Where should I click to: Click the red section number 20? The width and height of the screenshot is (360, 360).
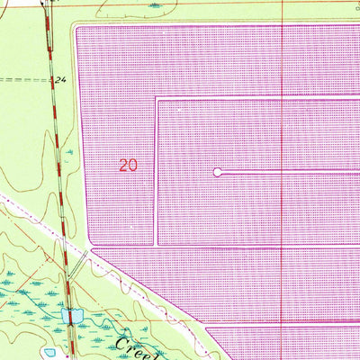click(x=129, y=165)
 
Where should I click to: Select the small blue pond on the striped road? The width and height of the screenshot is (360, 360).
click(x=72, y=315)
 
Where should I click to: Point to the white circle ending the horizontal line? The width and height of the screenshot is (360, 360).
click(x=217, y=171)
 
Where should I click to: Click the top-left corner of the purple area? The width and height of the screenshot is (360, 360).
click(x=77, y=28)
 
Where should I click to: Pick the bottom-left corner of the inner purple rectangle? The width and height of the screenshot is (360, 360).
click(x=157, y=244)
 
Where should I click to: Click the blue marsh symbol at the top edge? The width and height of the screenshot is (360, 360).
click(x=157, y=6)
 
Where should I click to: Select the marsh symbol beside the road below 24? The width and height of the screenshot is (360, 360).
click(x=68, y=153)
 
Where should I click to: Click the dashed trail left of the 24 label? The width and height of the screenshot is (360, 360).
click(x=22, y=80)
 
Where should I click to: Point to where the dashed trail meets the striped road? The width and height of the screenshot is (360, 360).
click(x=52, y=80)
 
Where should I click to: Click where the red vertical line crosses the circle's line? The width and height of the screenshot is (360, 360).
click(x=283, y=171)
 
